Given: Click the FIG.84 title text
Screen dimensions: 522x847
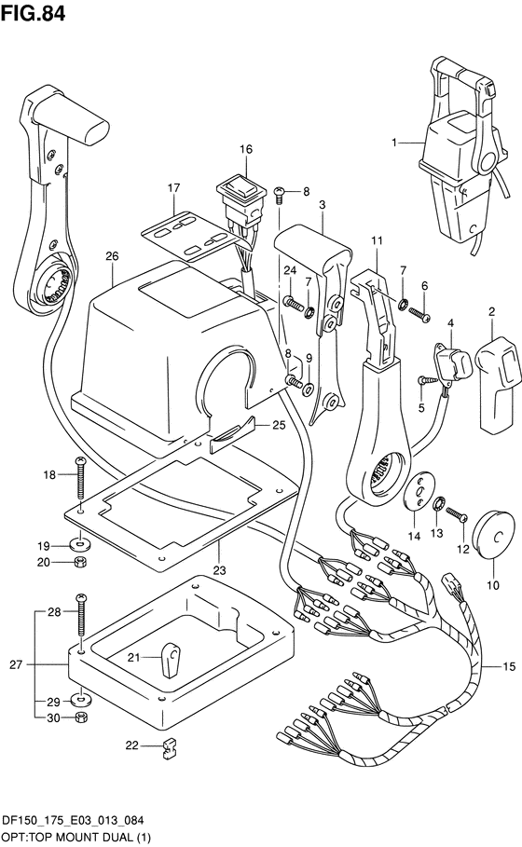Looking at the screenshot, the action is click(33, 13).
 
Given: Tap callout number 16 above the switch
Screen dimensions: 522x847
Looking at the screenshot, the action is click(246, 149).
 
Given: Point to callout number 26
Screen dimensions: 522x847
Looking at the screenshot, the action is click(112, 255).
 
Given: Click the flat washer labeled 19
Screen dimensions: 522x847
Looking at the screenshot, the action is click(80, 542).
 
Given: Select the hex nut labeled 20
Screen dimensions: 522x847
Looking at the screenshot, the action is click(80, 562).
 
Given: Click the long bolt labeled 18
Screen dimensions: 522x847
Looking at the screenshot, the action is click(80, 477).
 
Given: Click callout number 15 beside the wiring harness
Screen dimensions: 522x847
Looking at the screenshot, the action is click(509, 667).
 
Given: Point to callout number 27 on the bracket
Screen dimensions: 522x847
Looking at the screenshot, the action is click(16, 664).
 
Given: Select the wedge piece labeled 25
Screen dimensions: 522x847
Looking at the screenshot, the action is click(231, 434).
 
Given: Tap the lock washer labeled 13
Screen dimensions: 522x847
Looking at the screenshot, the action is click(439, 504).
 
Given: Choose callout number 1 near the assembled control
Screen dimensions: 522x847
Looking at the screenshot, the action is click(394, 143).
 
